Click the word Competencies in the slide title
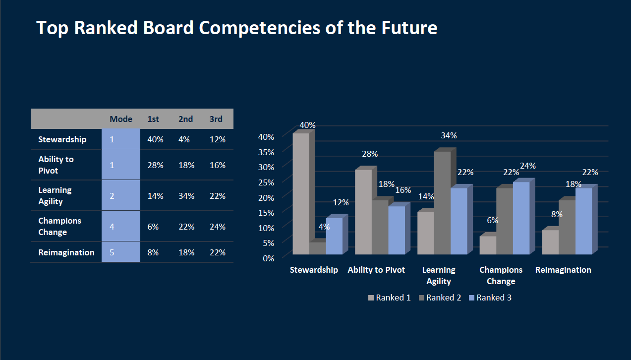[259, 28]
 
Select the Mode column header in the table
[121, 119]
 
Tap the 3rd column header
[216, 119]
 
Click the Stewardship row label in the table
[62, 139]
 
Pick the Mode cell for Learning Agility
[121, 195]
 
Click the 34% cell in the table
[186, 196]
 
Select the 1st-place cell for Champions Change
[153, 227]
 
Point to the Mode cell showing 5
[121, 252]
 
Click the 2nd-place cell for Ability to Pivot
[186, 165]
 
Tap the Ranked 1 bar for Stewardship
[301, 194]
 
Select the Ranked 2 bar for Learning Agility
[442, 203]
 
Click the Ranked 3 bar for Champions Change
[521, 218]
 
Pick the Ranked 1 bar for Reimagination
[550, 242]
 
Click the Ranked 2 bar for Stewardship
[317, 248]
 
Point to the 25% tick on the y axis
[266, 182]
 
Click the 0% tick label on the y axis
[269, 258]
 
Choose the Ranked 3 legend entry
[490, 298]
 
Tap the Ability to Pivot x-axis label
[376, 270]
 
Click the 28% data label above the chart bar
[370, 154]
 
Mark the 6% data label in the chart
[492, 220]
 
